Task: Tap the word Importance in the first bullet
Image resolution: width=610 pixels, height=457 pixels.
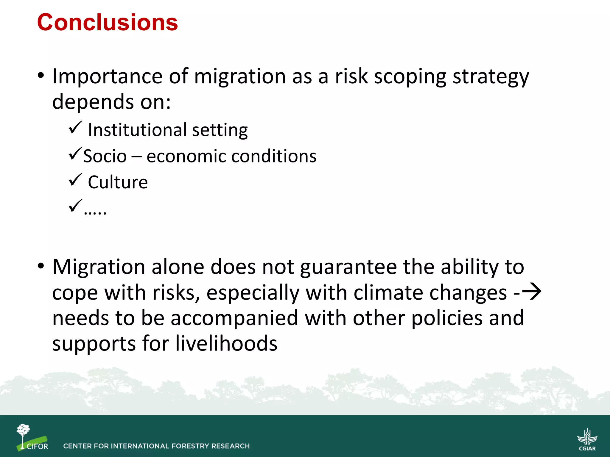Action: tap(108, 76)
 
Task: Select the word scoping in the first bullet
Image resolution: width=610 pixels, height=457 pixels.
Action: tap(410, 77)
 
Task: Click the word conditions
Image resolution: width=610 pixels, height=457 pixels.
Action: tap(274, 156)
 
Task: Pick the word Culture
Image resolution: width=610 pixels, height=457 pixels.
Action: tap(118, 182)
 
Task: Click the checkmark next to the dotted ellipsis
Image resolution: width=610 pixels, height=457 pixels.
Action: tap(75, 206)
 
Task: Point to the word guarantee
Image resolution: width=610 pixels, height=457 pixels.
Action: tap(348, 267)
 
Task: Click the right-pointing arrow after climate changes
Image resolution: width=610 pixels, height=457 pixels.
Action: tap(531, 292)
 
